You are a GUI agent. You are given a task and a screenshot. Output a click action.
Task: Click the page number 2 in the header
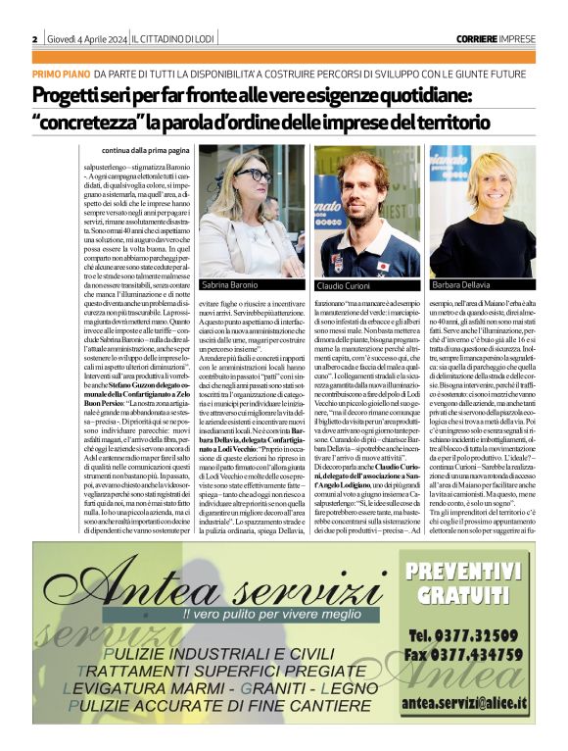pos(35,38)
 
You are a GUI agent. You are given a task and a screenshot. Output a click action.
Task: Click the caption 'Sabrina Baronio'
pos(232,284)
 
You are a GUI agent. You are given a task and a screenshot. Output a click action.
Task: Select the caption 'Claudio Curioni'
pos(346,284)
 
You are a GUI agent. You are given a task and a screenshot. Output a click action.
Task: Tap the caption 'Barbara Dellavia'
pos(459,284)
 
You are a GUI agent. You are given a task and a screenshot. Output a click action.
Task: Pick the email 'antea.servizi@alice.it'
pos(463,702)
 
